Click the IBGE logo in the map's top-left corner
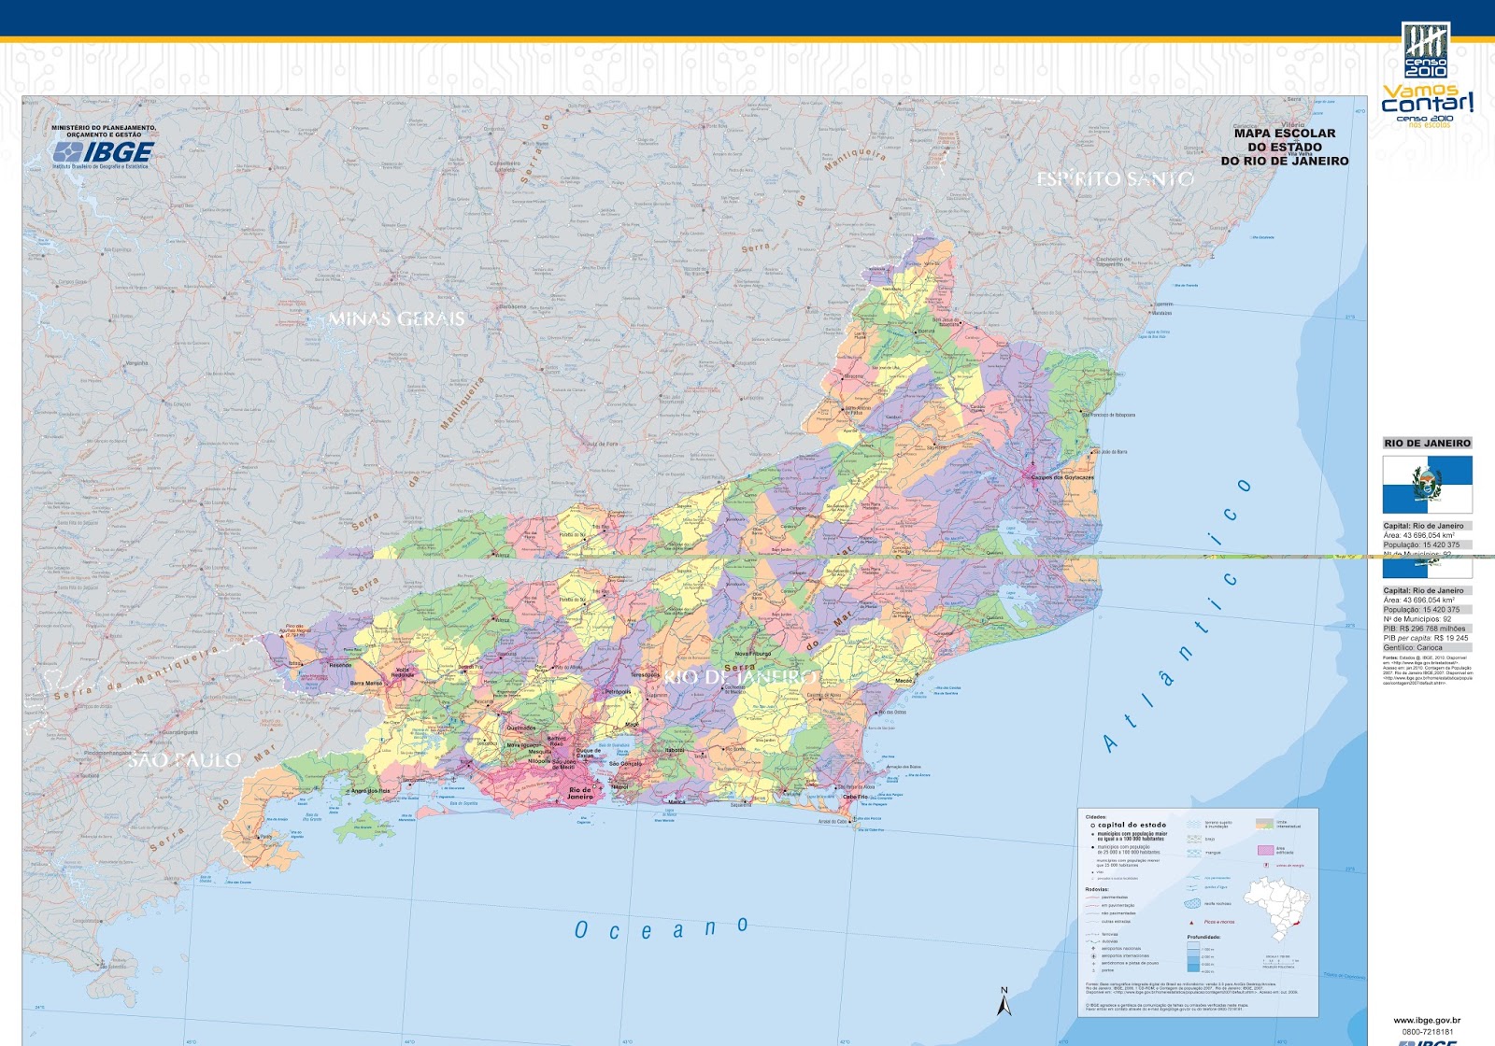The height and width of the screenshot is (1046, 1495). click(x=103, y=152)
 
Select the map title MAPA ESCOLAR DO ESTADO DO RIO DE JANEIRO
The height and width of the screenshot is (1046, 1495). click(x=1285, y=148)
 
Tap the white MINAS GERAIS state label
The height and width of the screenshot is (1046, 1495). click(x=396, y=319)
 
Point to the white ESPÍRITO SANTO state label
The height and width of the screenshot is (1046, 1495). click(x=1115, y=179)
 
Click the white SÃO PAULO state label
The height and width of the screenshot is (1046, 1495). click(x=184, y=761)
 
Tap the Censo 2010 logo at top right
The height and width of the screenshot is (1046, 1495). click(x=1426, y=50)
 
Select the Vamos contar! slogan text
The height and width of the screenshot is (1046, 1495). click(x=1427, y=100)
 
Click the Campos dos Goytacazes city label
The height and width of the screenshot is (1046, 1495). click(x=1062, y=477)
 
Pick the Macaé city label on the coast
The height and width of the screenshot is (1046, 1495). click(x=903, y=681)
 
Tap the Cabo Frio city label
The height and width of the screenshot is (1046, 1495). click(x=855, y=798)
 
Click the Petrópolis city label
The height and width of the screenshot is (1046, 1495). click(x=618, y=692)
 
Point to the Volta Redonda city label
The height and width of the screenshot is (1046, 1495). click(x=403, y=671)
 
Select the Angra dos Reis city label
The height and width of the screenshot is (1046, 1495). click(x=371, y=791)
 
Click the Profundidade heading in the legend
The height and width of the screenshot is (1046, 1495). click(x=1203, y=937)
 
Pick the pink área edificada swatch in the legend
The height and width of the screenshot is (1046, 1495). click(x=1265, y=850)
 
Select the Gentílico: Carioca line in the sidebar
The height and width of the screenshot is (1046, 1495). click(x=1413, y=647)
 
